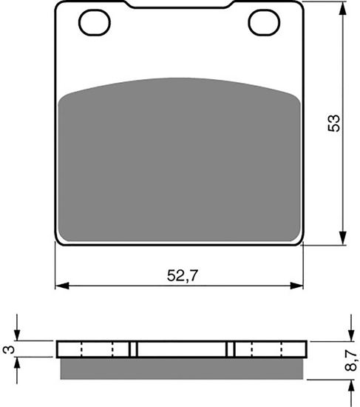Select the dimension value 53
pos(334,123)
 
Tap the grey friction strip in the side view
pos(180,366)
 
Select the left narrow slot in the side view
pos(134,349)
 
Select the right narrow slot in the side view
pos(231,349)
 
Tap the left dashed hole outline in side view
pos(96,349)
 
